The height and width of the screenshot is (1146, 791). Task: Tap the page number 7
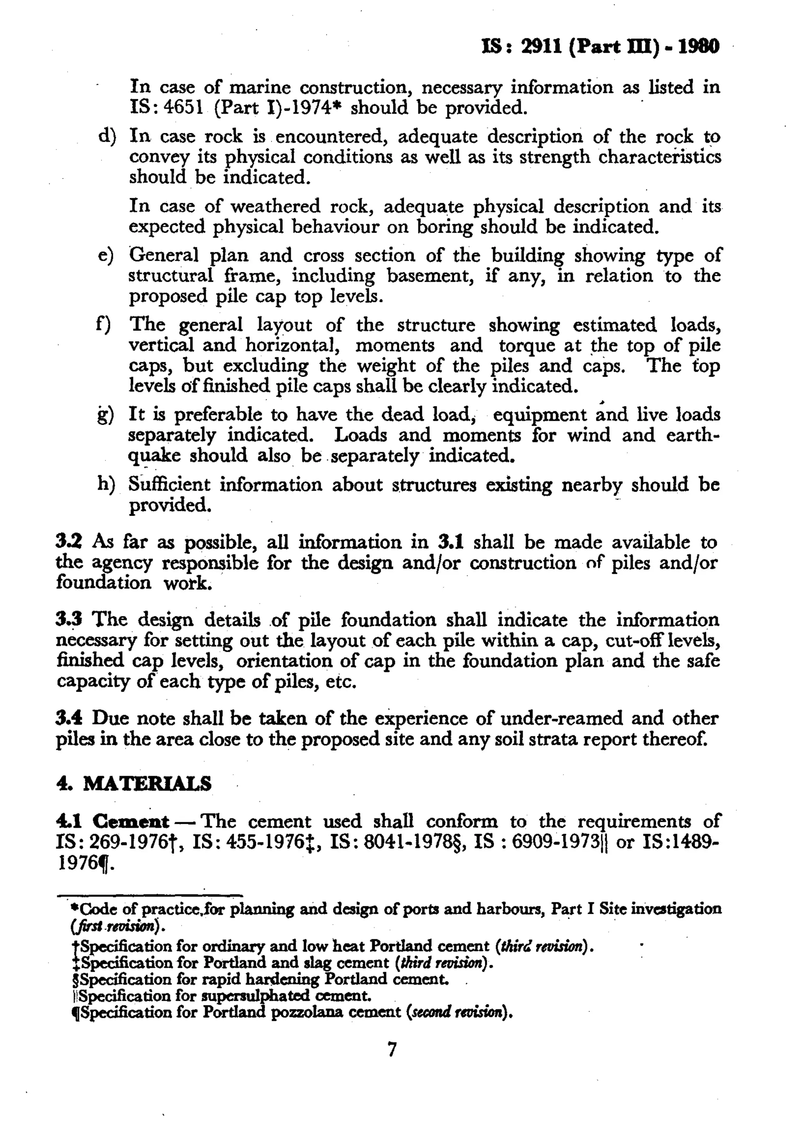392,1049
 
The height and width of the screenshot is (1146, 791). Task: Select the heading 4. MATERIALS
134,784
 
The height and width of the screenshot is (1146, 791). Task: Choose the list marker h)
106,484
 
